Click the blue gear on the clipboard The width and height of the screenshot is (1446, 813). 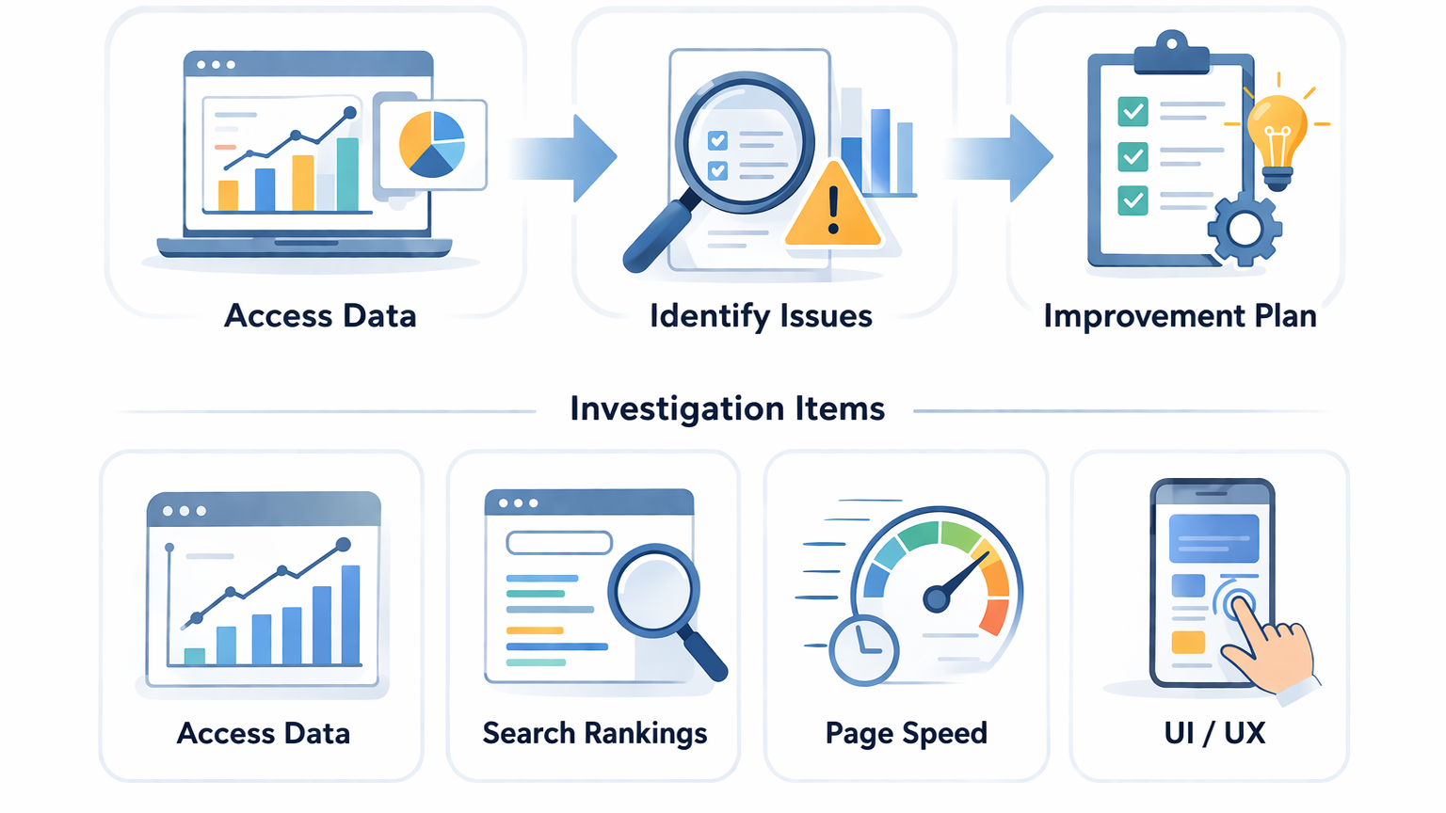point(1245,228)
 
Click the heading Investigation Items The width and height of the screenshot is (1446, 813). point(727,409)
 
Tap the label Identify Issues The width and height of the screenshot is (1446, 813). point(761,316)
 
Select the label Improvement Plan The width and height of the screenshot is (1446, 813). point(1180,316)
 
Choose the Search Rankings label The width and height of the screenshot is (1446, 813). point(594,733)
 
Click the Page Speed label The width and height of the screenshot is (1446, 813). point(906,733)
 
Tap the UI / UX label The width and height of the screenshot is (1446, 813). point(1214,733)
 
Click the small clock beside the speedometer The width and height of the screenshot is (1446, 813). point(863,650)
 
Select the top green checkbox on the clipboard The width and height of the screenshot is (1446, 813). point(1133,112)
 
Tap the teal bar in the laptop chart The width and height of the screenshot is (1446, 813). point(347,174)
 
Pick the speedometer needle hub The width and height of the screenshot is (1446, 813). point(936,598)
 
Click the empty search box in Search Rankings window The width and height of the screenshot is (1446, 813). point(559,543)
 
